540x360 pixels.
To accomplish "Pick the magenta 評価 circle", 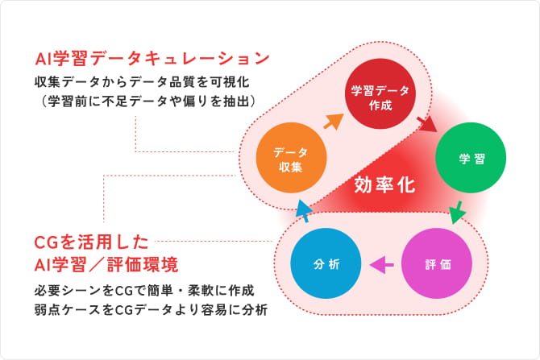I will tap(436, 264).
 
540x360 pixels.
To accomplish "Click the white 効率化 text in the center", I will tap(384, 184).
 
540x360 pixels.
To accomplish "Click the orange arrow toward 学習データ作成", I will tap(332, 121).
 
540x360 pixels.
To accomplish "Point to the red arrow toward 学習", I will tap(426, 122).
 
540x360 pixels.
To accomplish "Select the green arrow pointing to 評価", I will tap(457, 213).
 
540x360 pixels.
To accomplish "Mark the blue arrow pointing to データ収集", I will tap(302, 211).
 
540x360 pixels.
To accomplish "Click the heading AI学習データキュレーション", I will tap(152, 58).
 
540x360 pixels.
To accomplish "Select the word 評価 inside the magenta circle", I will tap(436, 264).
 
